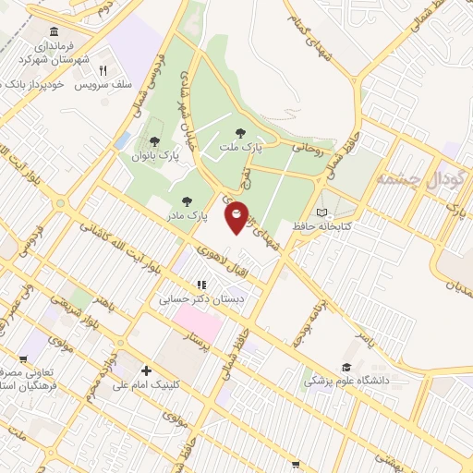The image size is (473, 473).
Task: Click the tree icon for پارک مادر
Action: pyautogui.click(x=187, y=200)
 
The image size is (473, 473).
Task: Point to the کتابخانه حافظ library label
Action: pyautogui.click(x=293, y=224)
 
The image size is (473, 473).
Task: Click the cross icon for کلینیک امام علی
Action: pyautogui.click(x=146, y=370)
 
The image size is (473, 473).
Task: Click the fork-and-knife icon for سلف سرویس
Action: pyautogui.click(x=103, y=69)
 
